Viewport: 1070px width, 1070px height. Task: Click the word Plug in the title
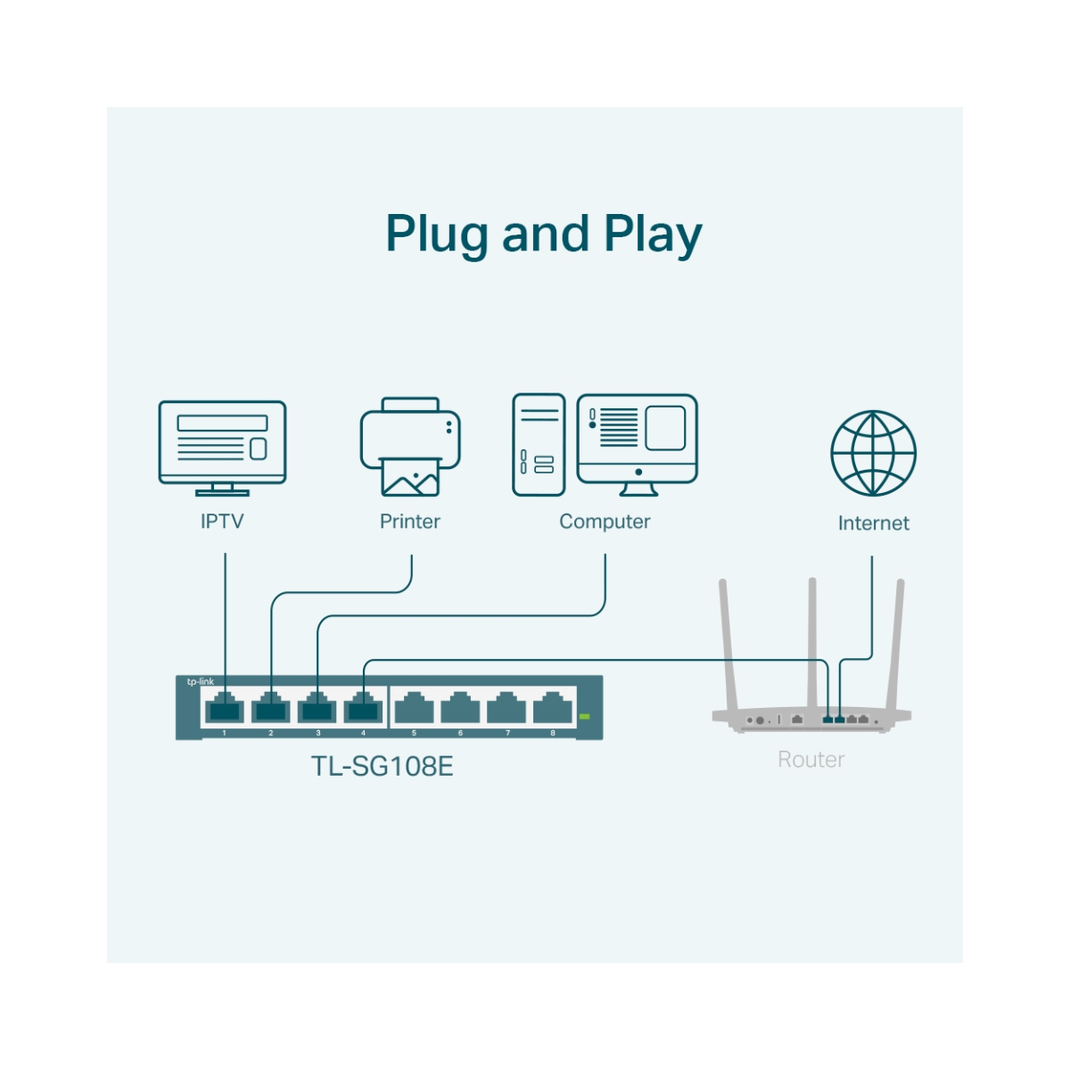(x=436, y=235)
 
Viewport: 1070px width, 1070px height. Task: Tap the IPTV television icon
(x=222, y=448)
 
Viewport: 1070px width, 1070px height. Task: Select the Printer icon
(x=410, y=446)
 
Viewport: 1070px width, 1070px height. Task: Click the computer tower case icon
(x=539, y=445)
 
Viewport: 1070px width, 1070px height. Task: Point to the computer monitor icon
(x=637, y=445)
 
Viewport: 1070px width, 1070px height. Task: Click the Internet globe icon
(x=873, y=453)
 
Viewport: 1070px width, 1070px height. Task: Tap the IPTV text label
(x=222, y=522)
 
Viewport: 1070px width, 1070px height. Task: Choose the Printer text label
(x=410, y=522)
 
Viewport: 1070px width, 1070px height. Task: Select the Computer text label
(x=605, y=522)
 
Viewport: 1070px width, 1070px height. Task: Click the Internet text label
(x=874, y=523)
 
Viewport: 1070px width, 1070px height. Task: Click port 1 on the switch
(x=225, y=707)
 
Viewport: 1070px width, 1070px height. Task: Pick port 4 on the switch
(x=363, y=707)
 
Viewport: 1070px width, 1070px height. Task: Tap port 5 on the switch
(x=414, y=707)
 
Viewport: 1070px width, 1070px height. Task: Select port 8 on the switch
(x=553, y=707)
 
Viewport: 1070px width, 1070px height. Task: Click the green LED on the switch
(x=584, y=717)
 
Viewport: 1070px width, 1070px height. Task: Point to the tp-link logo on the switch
(x=200, y=681)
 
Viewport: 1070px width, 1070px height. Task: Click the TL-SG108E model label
(x=382, y=766)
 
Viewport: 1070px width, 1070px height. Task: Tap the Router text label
(x=811, y=759)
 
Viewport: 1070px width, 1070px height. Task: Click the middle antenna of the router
(x=812, y=644)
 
